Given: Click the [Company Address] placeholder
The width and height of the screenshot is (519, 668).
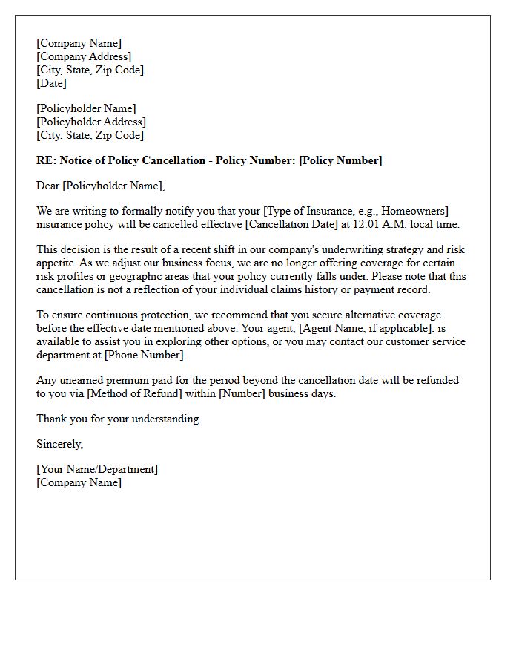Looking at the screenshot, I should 84,56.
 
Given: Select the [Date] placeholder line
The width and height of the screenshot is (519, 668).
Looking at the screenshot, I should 52,83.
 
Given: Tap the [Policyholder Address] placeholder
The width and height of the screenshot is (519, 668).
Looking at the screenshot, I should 91,122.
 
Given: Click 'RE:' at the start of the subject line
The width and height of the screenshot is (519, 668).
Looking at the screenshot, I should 46,160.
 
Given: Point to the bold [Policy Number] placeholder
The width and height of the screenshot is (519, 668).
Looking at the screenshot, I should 340,160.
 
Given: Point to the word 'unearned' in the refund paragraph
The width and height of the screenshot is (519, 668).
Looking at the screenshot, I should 84,380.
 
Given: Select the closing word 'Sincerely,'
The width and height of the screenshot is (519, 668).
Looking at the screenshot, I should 60,444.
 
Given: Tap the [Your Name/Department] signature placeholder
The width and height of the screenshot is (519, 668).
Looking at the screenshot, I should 97,469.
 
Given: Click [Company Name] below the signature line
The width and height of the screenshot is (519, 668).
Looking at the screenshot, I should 79,482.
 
